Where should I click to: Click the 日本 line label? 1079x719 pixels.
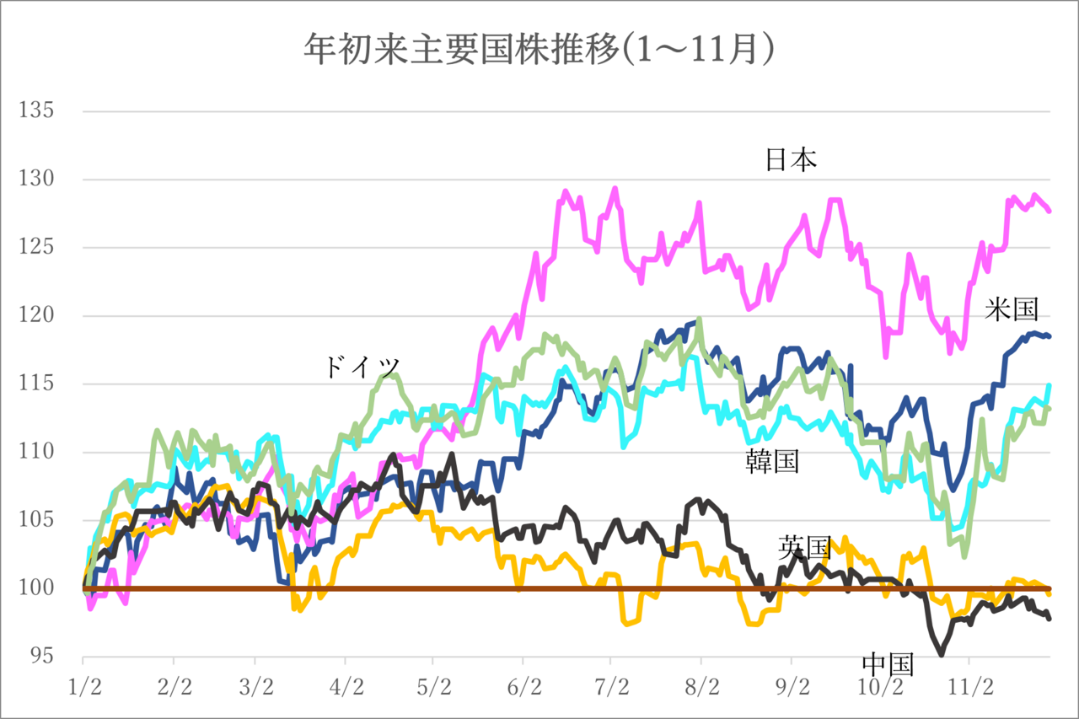pyautogui.click(x=791, y=160)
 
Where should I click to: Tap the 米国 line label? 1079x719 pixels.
pyautogui.click(x=1012, y=309)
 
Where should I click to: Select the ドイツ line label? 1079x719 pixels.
pyautogui.click(x=362, y=368)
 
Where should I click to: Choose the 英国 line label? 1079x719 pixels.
pyautogui.click(x=804, y=548)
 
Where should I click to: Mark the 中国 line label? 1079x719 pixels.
pyautogui.click(x=887, y=663)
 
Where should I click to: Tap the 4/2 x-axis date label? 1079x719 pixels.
pyautogui.click(x=346, y=687)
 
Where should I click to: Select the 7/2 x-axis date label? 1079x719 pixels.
pyautogui.click(x=611, y=687)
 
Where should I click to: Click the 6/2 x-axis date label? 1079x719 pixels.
pyautogui.click(x=523, y=687)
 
